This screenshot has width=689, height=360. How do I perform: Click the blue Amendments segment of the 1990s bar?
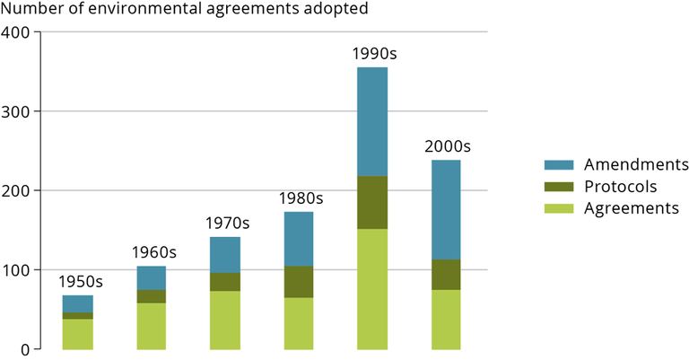click(x=371, y=121)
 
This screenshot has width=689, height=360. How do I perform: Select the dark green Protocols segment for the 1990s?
click(x=371, y=202)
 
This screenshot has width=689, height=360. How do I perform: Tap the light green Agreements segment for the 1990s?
click(x=371, y=288)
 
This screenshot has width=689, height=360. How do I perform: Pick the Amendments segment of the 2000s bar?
click(x=446, y=209)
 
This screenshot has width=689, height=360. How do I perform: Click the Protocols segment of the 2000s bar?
click(x=446, y=274)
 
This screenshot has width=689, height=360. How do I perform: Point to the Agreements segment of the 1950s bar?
click(x=77, y=333)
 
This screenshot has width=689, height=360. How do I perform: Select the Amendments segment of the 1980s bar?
click(x=299, y=239)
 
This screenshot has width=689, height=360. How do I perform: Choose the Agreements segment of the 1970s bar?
click(x=224, y=319)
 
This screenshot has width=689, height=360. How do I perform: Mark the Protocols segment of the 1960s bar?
click(x=151, y=296)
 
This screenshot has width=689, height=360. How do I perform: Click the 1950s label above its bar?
click(x=81, y=282)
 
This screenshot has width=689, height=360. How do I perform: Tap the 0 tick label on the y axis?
click(x=25, y=349)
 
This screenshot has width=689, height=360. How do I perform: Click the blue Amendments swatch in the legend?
click(x=559, y=165)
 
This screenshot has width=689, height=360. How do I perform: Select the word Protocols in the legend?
click(x=620, y=187)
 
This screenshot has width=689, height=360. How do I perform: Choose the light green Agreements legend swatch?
click(x=559, y=208)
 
